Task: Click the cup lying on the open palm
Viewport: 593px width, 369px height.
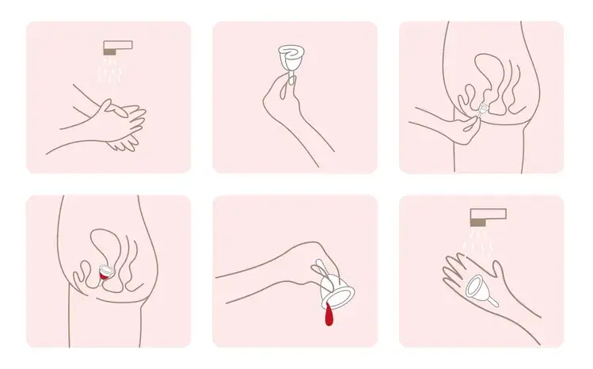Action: coord(479,288)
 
